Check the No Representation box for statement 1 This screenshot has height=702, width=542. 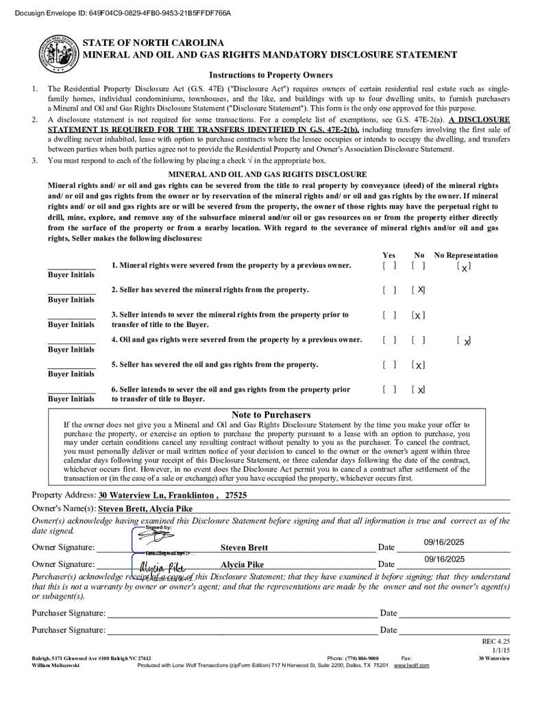point(464,267)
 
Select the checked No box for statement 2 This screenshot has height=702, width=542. point(419,290)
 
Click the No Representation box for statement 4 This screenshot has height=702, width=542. point(464,341)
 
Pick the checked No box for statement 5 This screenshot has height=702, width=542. point(419,365)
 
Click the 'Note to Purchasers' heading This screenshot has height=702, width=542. point(271,415)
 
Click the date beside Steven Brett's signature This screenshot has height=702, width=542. point(444,542)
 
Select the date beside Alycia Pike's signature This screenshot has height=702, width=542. point(444,559)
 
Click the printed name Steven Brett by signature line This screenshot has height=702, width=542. point(244,548)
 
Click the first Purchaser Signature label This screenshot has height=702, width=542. point(69,613)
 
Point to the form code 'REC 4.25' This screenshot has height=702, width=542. point(496,641)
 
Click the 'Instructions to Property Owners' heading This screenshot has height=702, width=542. point(271,75)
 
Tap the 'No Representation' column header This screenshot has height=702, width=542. point(466,255)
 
